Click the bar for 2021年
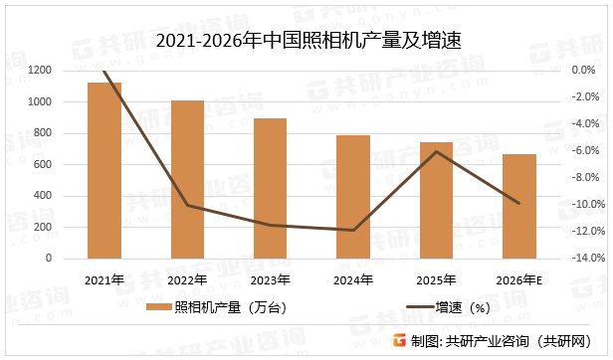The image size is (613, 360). point(104,170)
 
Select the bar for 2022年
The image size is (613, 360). point(187,179)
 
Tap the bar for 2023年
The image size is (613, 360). point(270,188)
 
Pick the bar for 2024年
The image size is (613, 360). point(353,197)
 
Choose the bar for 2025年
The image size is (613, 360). point(436,200)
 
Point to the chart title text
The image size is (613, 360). point(306,41)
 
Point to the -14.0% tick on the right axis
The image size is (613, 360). point(557,259)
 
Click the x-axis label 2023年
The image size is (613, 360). point(271,279)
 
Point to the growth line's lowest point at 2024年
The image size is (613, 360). point(353,230)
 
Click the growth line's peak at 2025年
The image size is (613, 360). point(436,151)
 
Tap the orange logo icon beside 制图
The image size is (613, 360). point(400,340)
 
